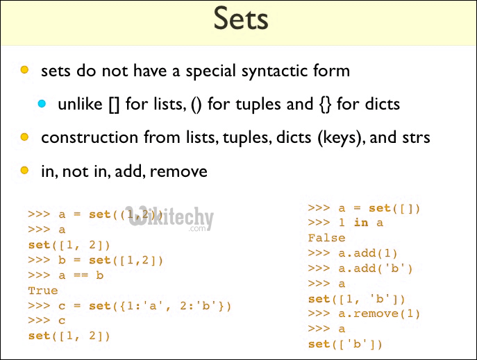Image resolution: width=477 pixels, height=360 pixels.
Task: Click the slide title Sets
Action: point(240,19)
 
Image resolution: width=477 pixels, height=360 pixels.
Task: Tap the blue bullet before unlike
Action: point(42,104)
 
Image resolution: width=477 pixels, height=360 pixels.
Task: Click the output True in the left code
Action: point(43,291)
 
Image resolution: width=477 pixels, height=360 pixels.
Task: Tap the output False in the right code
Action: point(326,238)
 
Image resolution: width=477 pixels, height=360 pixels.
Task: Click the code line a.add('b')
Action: point(360,268)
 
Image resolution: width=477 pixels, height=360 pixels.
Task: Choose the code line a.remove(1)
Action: point(365,314)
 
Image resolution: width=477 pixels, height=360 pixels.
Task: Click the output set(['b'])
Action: point(345,345)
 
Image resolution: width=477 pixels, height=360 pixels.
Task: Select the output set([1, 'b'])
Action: point(357,299)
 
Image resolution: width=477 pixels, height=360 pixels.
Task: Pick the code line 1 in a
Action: point(345,223)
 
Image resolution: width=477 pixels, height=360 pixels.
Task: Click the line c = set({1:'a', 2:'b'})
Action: point(129,306)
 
